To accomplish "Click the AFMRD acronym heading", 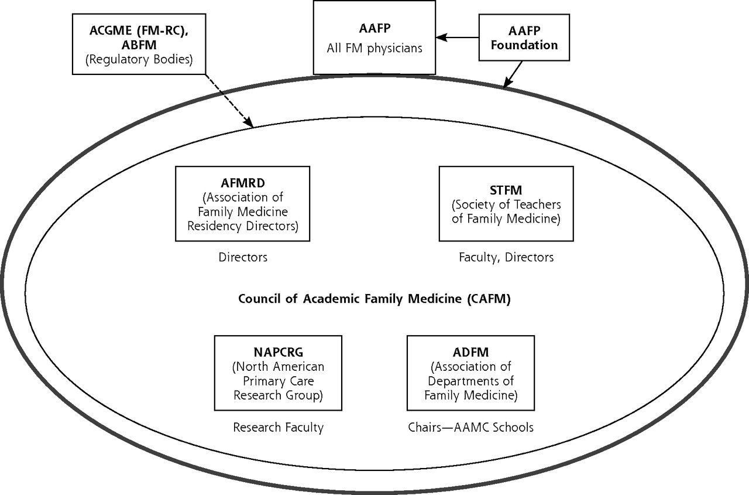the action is click(x=243, y=183).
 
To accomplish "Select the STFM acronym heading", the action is click(x=506, y=190).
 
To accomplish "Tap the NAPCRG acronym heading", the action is click(x=278, y=353).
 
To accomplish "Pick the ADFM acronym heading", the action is click(x=471, y=353).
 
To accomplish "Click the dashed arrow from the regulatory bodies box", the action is click(x=229, y=101).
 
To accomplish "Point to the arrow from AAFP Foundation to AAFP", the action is click(x=457, y=37).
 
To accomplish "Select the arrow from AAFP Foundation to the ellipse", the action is click(x=513, y=74).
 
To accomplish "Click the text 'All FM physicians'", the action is click(x=374, y=48).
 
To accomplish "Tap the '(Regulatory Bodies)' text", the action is click(x=139, y=59).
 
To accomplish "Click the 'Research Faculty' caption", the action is click(x=278, y=428).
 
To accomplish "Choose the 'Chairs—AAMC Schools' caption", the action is click(x=471, y=428).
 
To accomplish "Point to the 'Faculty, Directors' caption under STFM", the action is click(x=506, y=257).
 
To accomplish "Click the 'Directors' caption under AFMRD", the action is click(x=243, y=257).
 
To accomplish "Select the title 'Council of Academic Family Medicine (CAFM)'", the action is click(x=374, y=299).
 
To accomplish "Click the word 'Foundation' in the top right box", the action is click(x=524, y=45).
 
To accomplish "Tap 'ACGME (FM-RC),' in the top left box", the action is click(x=139, y=31).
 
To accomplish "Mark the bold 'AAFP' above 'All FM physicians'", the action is click(x=374, y=29).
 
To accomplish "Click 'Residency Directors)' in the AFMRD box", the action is click(x=243, y=226).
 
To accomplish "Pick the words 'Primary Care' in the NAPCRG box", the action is click(x=278, y=381).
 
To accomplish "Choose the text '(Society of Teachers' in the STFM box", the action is click(x=506, y=204).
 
